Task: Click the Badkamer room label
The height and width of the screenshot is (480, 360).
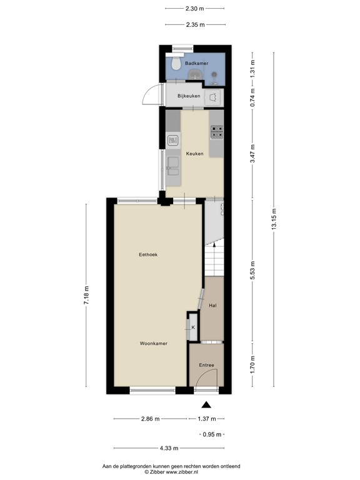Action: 194,64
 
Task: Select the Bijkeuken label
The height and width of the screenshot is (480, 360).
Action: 189,96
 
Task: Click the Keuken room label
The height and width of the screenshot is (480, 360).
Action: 194,153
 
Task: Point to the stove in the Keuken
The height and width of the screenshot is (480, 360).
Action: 217,131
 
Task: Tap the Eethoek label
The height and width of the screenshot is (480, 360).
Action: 147,254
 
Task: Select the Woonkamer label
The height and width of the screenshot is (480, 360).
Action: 152,343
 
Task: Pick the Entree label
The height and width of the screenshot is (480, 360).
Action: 206,365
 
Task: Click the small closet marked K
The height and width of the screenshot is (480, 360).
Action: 192,327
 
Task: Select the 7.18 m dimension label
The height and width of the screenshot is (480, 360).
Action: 87,294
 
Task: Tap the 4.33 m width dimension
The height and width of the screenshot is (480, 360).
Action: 169,448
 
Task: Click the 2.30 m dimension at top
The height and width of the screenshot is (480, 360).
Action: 195,9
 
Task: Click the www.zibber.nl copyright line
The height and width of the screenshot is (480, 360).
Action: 180,473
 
